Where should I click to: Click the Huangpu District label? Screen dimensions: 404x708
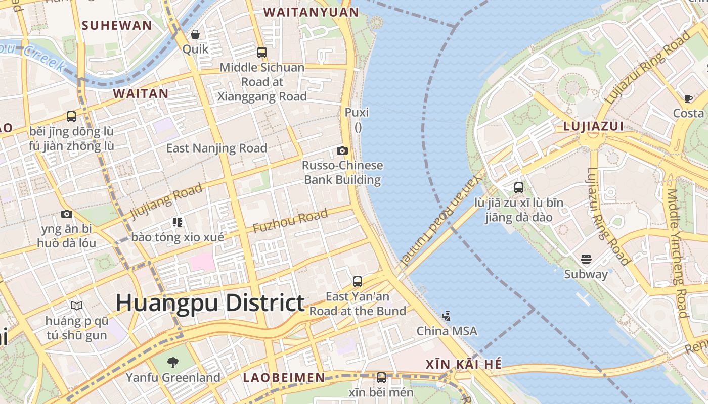pos(210,303)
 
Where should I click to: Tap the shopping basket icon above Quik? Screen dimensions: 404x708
pos(195,34)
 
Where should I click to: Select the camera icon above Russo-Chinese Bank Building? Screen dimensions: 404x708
pos(342,150)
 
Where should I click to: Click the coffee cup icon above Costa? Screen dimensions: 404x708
pos(688,98)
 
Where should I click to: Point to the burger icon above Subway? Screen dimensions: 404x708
pos(586,259)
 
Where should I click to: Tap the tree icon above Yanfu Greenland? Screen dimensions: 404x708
pos(172,362)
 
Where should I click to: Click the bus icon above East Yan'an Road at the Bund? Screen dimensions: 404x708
pos(358,281)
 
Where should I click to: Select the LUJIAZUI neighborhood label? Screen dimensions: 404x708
pos(593,127)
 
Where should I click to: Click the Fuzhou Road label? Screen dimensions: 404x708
pos(290,221)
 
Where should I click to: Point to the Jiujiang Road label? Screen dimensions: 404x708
pos(166,201)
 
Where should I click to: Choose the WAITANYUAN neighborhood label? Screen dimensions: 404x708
pos(304,12)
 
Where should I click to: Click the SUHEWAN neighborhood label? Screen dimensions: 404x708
pos(117,25)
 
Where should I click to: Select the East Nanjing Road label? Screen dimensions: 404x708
pos(216,148)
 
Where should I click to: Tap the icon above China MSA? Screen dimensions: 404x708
pos(446,316)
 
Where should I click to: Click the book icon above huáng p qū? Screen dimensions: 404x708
pos(77,306)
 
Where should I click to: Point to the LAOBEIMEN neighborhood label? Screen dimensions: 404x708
pos(284,377)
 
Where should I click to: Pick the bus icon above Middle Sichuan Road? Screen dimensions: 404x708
pos(261,52)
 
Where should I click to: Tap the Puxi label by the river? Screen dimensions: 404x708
pos(357,112)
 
